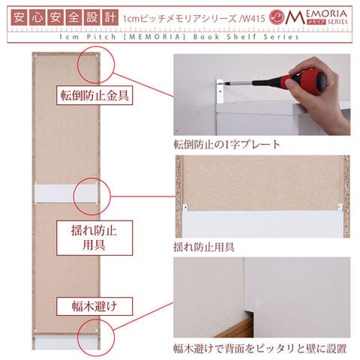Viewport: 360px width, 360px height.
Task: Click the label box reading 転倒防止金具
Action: click(x=94, y=95)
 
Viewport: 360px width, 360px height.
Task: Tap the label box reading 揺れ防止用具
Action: click(x=94, y=238)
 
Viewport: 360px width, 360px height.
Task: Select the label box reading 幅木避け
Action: click(x=94, y=306)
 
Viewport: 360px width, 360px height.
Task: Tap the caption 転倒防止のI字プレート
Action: click(x=227, y=145)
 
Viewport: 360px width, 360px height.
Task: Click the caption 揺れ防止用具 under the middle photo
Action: click(x=204, y=247)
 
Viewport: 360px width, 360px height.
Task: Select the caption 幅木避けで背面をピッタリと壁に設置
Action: click(x=260, y=349)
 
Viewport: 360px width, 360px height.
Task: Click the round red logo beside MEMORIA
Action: click(x=277, y=17)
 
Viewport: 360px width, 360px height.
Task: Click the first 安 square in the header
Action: click(x=19, y=17)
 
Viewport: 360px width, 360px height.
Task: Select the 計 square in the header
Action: click(x=110, y=17)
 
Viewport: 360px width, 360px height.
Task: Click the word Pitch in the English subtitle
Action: click(x=101, y=37)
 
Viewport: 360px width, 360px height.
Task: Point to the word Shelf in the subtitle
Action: click(x=241, y=37)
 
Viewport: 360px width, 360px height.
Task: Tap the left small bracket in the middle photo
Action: click(x=185, y=208)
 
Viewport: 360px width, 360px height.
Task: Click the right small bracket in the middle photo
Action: click(x=340, y=207)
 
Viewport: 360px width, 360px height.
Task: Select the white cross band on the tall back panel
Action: click(x=66, y=193)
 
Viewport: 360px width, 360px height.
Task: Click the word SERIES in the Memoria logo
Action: click(x=337, y=22)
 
